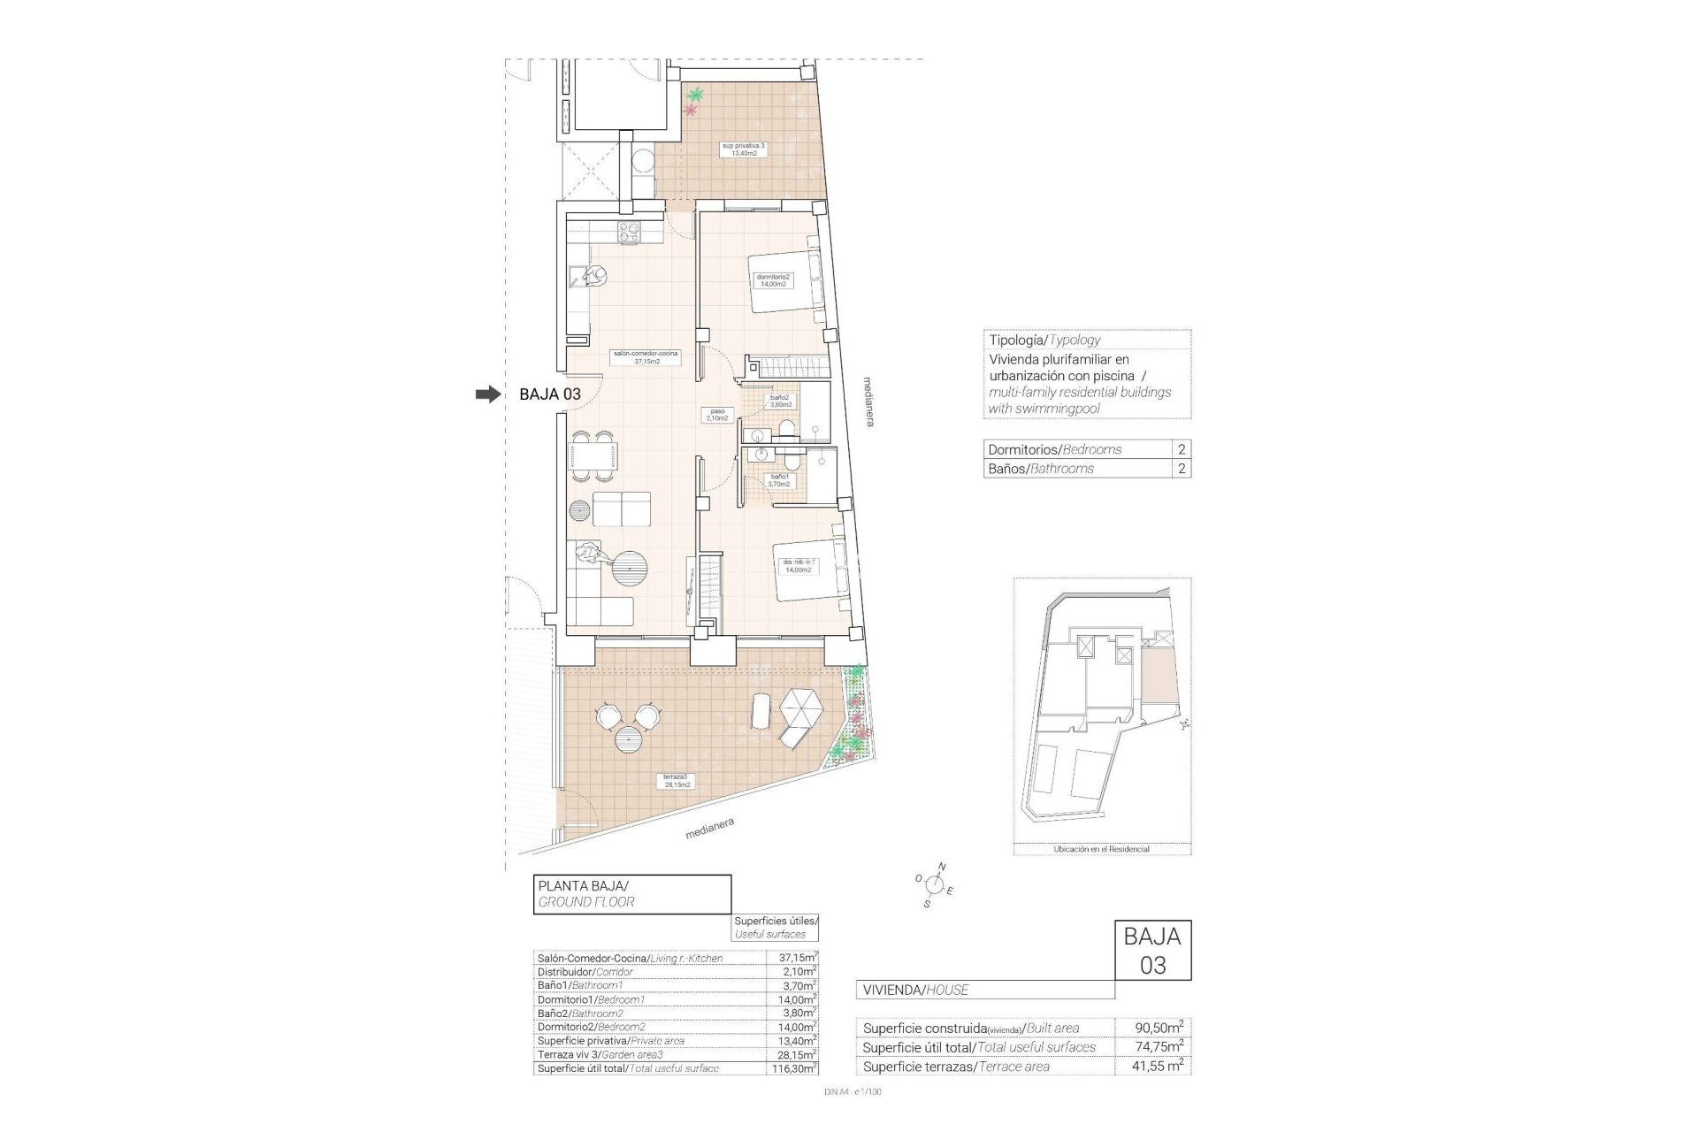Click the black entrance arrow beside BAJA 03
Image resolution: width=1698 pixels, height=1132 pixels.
487,394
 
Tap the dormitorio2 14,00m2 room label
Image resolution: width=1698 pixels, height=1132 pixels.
773,280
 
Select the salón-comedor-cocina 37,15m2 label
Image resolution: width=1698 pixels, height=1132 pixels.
646,356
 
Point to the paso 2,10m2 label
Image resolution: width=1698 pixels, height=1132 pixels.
716,414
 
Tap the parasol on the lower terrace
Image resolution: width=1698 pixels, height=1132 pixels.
802,708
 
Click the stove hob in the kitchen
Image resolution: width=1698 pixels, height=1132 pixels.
629,233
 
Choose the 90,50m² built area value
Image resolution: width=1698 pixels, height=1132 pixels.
1158,1028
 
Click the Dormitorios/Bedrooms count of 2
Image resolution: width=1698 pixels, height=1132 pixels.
1181,449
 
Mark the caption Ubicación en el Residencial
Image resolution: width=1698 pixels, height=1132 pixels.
1101,849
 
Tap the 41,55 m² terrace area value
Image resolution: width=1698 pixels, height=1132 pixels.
1158,1067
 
